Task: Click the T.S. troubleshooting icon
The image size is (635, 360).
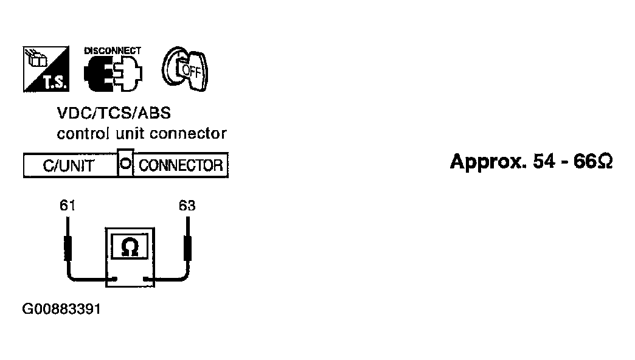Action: [46, 69]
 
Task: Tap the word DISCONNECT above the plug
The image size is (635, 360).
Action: [113, 50]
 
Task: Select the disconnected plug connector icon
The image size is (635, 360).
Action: [113, 74]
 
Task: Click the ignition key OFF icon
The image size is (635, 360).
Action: [185, 69]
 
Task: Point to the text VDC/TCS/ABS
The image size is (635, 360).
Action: [114, 113]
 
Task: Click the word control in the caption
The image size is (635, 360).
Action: [83, 133]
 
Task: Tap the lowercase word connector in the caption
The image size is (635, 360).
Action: [189, 133]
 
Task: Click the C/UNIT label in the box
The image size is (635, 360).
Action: [69, 165]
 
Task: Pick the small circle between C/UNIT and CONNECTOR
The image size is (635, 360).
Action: [126, 164]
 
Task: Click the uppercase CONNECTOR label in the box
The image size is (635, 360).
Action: [181, 165]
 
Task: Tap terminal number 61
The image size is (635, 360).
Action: [68, 206]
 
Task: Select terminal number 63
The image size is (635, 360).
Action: [187, 206]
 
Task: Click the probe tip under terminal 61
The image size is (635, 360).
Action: [68, 219]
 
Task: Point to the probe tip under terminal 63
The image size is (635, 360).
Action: [187, 219]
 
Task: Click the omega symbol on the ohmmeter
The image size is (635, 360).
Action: [130, 247]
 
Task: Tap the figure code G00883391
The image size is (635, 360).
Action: [61, 309]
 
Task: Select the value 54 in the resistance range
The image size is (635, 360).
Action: [544, 161]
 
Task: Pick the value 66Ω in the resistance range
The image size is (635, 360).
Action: [593, 161]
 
